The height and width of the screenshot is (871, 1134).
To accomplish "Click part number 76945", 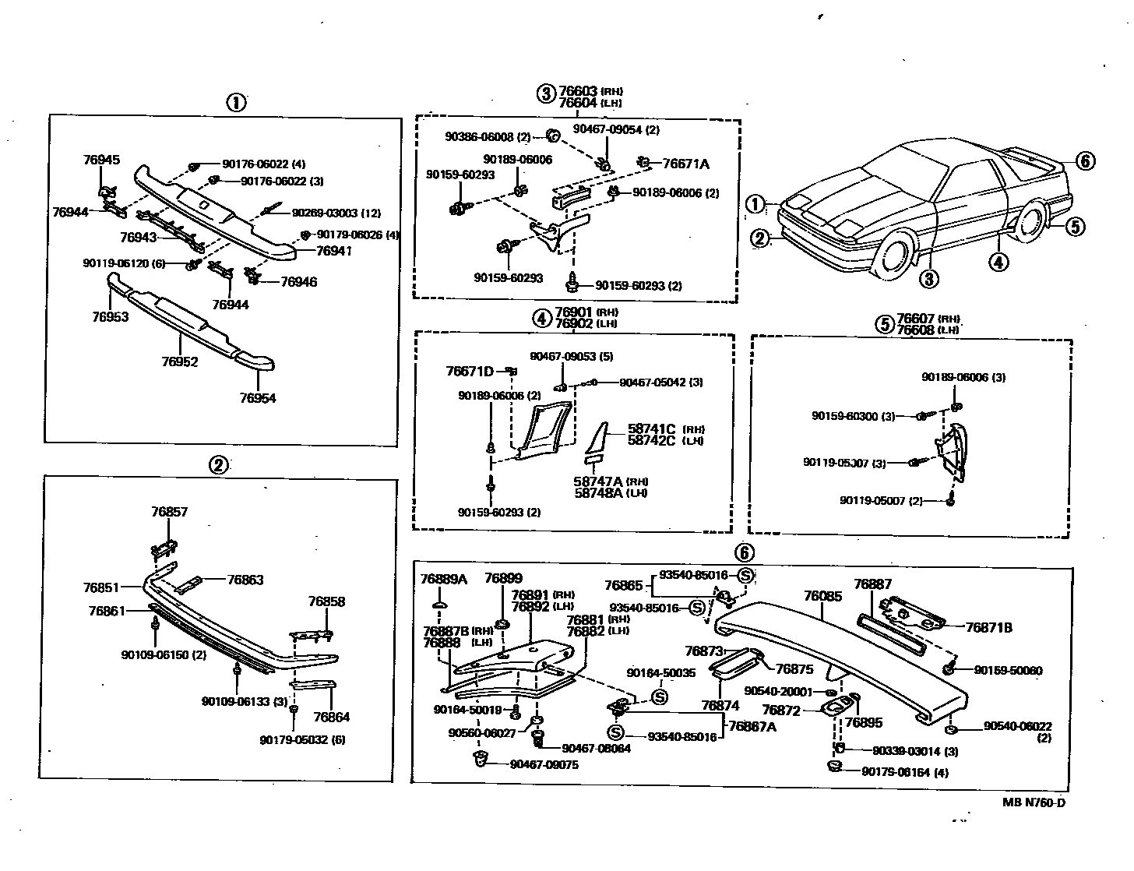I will tap(102, 160).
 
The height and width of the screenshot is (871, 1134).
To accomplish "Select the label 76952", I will tap(180, 362).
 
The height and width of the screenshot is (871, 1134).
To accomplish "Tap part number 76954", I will tap(258, 398).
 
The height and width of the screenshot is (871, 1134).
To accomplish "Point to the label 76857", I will tap(169, 512).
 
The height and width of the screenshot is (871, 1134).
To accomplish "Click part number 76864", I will tap(332, 717).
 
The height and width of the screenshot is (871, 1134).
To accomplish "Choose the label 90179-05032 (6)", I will tap(303, 739).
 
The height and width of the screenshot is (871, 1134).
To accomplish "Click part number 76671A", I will tap(685, 164).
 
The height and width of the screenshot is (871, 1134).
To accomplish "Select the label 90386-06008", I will tap(480, 137).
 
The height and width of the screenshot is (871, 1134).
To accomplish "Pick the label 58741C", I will tap(651, 428).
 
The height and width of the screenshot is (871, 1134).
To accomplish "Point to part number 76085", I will tap(822, 596).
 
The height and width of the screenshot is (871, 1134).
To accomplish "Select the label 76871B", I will tap(988, 627).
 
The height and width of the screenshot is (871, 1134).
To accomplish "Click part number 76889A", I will tap(443, 579).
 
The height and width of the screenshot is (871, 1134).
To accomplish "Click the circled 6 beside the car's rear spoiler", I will tap(1085, 160).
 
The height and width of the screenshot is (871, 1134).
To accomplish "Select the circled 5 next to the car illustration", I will tap(1074, 226).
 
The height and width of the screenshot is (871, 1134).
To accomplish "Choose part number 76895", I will tap(864, 722).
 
